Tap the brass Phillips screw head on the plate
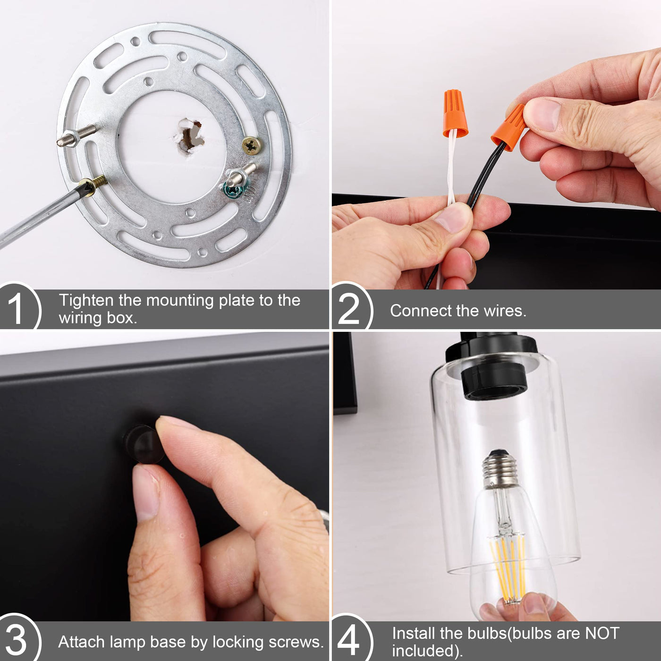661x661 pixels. point(252,145)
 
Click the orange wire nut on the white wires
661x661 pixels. point(455,113)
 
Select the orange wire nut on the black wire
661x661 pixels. point(508,127)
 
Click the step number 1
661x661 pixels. point(16,308)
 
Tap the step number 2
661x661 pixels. point(348,308)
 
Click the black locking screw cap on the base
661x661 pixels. point(143,443)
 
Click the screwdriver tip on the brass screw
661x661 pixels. point(86,187)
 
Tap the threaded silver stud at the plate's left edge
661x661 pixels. point(76,136)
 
